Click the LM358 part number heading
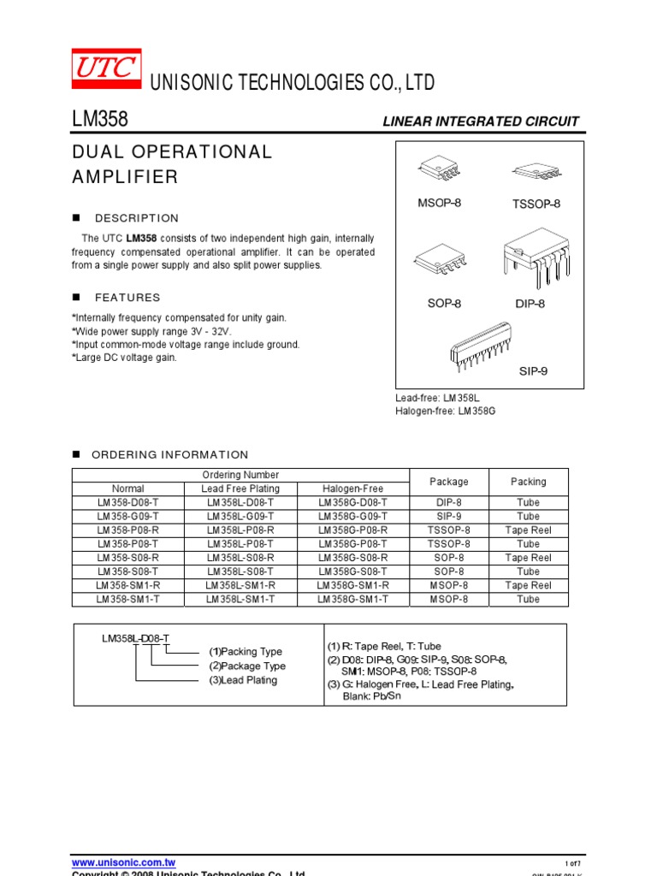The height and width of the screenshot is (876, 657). tap(100, 120)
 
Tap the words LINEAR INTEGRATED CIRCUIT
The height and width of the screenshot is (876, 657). tap(480, 121)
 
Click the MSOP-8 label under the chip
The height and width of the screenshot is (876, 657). tap(439, 203)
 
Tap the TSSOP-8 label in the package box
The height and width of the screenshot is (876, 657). tap(536, 204)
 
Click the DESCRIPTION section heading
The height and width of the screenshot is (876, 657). tap(137, 218)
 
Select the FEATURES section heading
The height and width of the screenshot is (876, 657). tap(127, 298)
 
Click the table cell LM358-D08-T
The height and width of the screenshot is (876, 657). tap(127, 503)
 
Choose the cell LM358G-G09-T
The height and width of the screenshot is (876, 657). tap(352, 517)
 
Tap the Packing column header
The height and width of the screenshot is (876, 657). tap(528, 482)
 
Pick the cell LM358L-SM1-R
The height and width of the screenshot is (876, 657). tap(240, 585)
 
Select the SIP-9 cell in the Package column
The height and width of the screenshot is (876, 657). tap(449, 517)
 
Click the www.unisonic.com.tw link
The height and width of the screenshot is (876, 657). tap(123, 863)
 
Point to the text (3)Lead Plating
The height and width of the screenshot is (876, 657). tap(243, 680)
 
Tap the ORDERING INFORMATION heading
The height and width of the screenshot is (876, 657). tap(170, 455)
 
